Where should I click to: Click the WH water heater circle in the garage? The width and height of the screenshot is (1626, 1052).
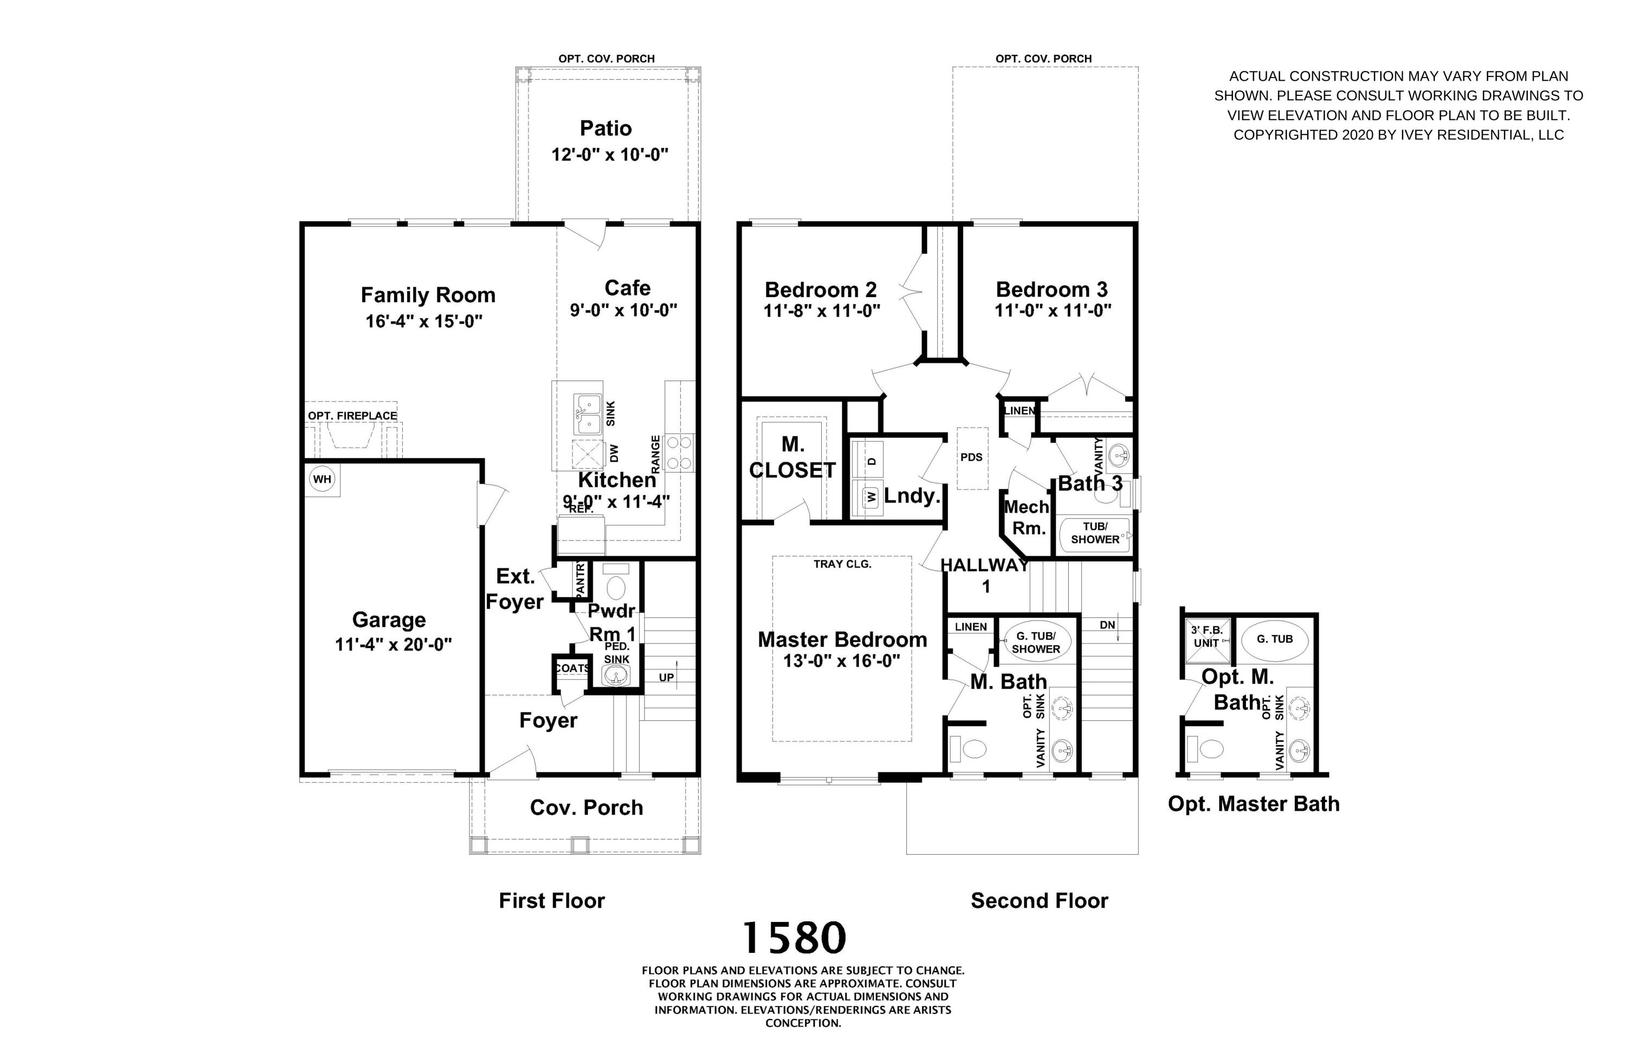(322, 479)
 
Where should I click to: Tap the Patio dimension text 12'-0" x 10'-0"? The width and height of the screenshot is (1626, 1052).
(609, 154)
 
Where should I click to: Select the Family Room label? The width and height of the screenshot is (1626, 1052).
(428, 295)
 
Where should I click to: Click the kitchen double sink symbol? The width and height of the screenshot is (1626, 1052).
(588, 415)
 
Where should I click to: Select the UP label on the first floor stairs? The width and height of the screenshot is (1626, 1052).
(666, 677)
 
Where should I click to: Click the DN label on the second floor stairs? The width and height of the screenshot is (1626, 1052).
(1107, 625)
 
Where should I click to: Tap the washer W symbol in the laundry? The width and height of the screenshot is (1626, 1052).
(871, 496)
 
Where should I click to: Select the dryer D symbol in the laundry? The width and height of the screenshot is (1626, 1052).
(871, 461)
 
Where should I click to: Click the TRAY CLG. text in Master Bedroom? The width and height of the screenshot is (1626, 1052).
(842, 564)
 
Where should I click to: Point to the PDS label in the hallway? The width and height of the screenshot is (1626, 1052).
(971, 457)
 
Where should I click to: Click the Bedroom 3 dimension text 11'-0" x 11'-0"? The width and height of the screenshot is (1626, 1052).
(1052, 311)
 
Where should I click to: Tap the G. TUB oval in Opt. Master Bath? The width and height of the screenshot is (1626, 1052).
(1274, 640)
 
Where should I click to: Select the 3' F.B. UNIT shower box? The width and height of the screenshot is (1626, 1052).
(1207, 640)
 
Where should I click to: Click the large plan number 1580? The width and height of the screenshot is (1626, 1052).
(794, 938)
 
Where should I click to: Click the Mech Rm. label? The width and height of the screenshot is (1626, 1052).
(1025, 517)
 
